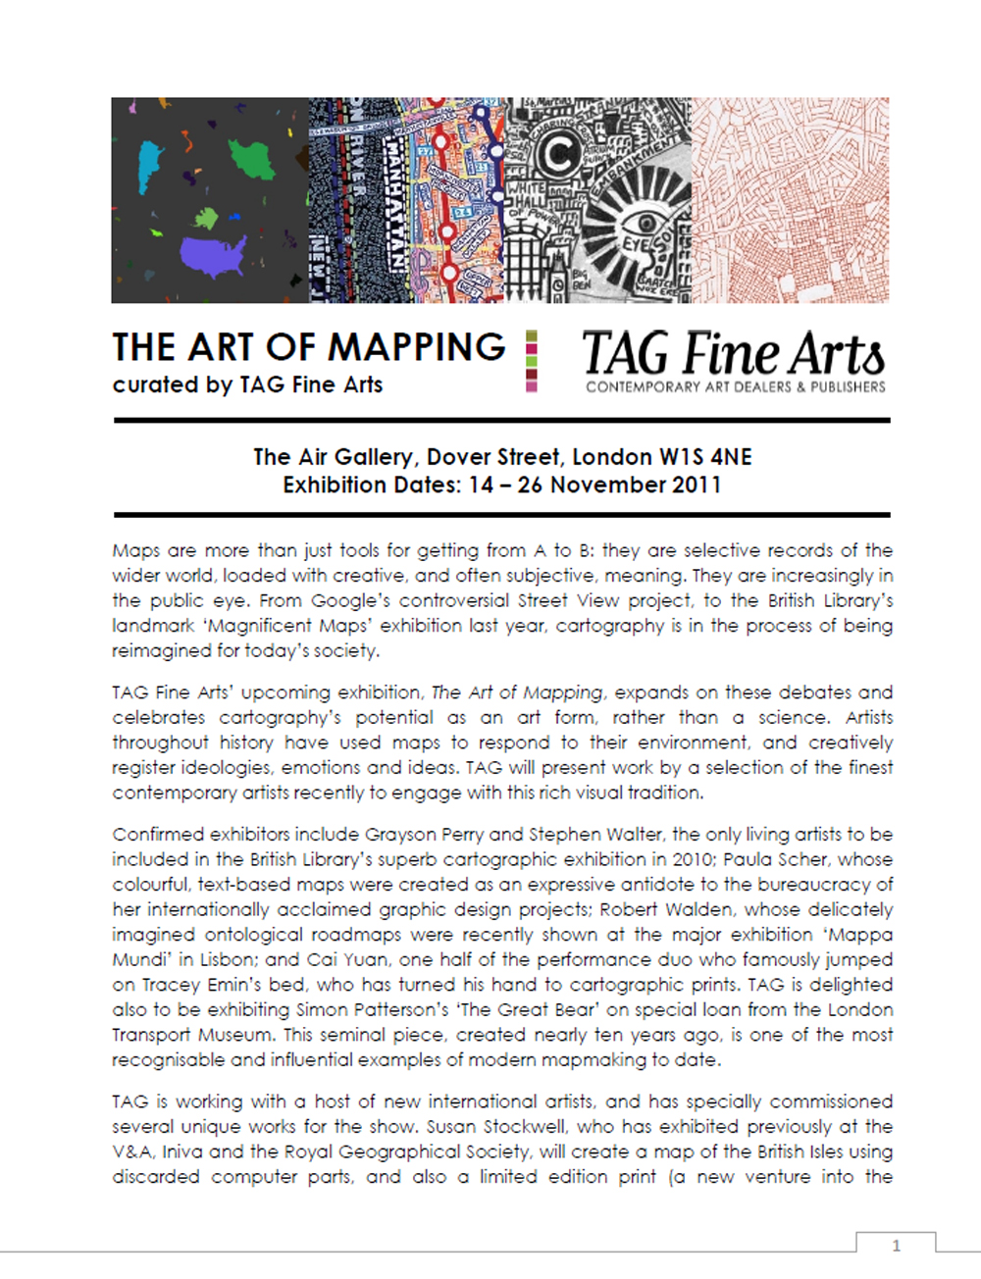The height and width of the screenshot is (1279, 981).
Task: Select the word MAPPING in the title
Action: click(x=416, y=347)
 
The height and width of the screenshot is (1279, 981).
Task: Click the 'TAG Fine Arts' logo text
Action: click(x=733, y=353)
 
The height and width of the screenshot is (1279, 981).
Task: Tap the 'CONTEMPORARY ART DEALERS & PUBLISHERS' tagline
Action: click(x=736, y=387)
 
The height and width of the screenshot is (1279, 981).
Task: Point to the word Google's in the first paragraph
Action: click(x=350, y=600)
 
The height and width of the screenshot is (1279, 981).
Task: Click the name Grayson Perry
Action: click(x=424, y=835)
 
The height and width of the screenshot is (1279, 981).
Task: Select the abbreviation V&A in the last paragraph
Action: click(x=131, y=1152)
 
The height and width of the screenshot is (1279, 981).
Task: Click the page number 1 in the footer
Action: click(x=896, y=1246)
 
